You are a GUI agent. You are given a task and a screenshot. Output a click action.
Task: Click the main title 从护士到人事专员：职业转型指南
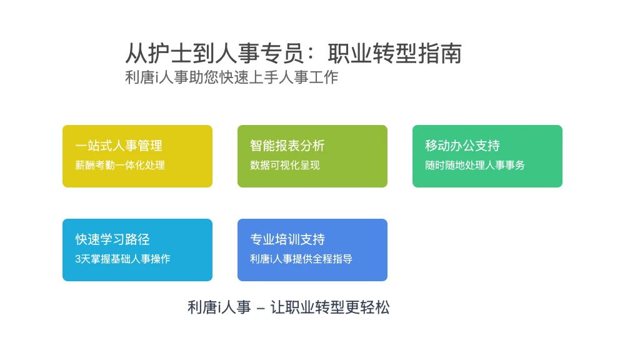(x=294, y=54)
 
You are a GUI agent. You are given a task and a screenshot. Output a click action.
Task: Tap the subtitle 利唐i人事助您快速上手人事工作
(x=231, y=77)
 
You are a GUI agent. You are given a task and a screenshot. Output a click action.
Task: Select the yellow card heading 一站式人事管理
(x=119, y=146)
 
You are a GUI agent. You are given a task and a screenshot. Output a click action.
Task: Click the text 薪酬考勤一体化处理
(x=120, y=165)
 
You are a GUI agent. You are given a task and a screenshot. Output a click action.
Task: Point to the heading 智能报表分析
(x=287, y=146)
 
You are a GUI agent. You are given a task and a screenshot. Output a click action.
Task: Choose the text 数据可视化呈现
(x=285, y=165)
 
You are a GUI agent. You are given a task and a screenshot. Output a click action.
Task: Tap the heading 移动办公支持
(x=462, y=146)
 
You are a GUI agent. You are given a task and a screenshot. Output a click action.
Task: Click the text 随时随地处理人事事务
(x=475, y=165)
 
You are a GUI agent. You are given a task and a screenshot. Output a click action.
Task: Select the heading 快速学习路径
(x=112, y=239)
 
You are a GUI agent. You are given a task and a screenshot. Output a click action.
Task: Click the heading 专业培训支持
(x=287, y=239)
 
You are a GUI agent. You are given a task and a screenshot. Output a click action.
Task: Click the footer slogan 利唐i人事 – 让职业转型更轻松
(x=289, y=307)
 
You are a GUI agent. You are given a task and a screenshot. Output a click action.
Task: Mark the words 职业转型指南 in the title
(x=395, y=54)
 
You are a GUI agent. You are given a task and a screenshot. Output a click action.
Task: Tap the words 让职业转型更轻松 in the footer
(x=330, y=307)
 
